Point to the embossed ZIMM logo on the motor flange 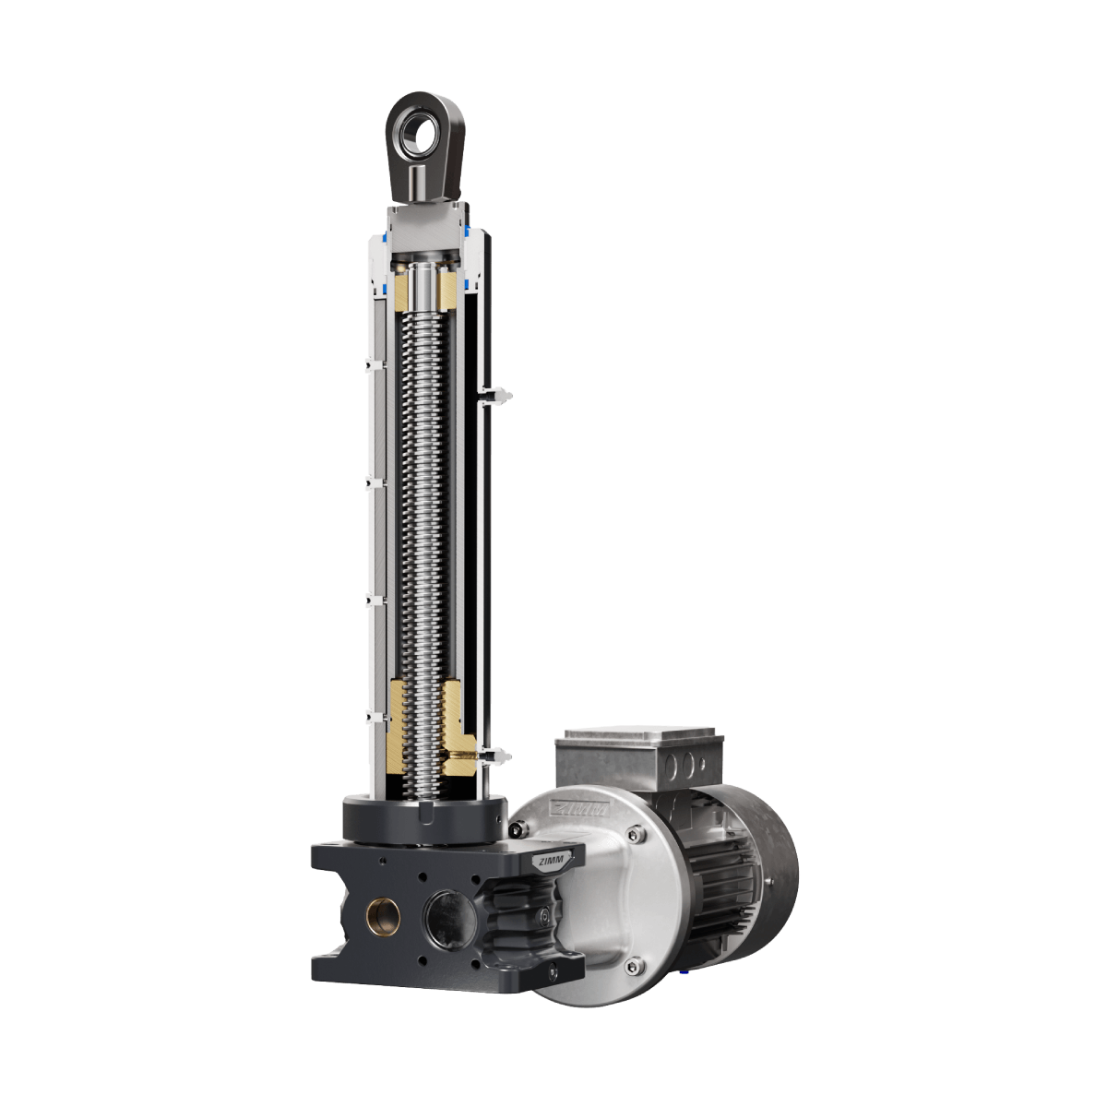pyautogui.click(x=578, y=808)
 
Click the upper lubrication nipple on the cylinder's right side pyautogui.click(x=497, y=395)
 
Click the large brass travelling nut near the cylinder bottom pyautogui.click(x=425, y=727)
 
